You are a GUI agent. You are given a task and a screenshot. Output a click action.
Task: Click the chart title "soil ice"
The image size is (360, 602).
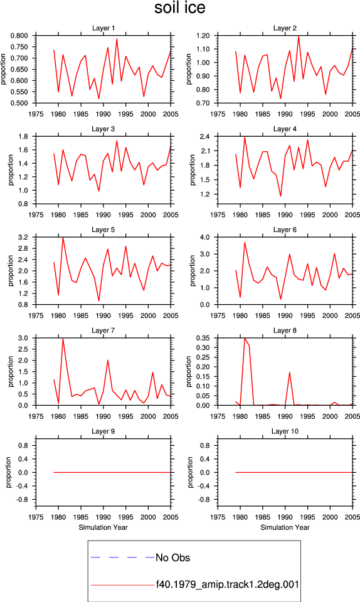[x=179, y=8]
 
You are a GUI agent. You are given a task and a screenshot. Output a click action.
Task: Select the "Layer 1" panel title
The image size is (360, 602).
[x=103, y=28]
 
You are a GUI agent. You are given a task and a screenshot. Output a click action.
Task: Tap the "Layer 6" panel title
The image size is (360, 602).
[x=285, y=230]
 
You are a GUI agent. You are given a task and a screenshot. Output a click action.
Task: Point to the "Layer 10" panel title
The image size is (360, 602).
[x=285, y=431]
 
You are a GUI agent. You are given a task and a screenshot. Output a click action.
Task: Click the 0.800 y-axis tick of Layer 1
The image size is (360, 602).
[x=19, y=36]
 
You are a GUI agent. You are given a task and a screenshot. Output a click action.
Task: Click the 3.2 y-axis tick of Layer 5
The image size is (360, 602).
[x=23, y=237]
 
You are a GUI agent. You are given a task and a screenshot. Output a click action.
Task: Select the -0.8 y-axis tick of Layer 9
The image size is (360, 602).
[x=23, y=500]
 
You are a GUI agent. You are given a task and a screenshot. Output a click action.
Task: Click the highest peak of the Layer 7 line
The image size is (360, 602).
[x=63, y=338]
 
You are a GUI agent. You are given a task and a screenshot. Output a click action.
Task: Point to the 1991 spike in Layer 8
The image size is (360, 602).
[x=289, y=372]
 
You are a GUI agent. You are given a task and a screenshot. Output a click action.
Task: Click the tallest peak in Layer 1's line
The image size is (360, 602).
[x=117, y=39]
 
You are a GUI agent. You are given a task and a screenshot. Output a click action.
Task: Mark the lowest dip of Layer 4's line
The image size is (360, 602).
[x=280, y=196]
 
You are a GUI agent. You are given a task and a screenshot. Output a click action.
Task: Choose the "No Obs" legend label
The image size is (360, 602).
[x=172, y=557]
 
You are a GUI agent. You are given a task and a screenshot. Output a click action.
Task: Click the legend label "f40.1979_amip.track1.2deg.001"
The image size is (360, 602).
[x=227, y=584]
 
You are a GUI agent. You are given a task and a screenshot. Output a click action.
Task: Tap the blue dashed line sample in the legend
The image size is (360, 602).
[x=122, y=557]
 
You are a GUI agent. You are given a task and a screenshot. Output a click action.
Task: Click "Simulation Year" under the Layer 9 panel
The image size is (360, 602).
[x=103, y=527]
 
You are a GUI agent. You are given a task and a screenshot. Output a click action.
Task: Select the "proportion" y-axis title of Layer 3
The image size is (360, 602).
[x=11, y=170]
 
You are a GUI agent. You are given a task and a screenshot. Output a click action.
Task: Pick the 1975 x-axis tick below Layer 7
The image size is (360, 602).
[x=36, y=416]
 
